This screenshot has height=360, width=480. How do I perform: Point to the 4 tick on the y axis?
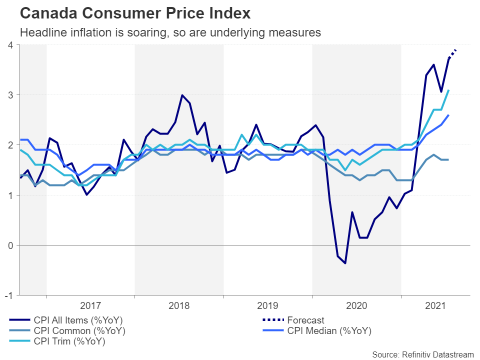point(9,45)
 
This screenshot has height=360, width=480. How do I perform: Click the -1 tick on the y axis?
point(8,295)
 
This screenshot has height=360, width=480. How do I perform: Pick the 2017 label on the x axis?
point(90,304)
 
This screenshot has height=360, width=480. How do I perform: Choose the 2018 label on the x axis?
point(179,304)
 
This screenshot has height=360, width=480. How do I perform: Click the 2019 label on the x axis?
point(268,304)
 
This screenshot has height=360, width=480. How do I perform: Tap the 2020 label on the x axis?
point(356,304)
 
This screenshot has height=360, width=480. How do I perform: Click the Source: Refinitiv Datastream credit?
point(423,354)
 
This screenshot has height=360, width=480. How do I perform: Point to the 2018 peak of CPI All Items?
point(182,95)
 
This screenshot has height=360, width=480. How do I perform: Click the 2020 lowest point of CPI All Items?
point(345,263)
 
